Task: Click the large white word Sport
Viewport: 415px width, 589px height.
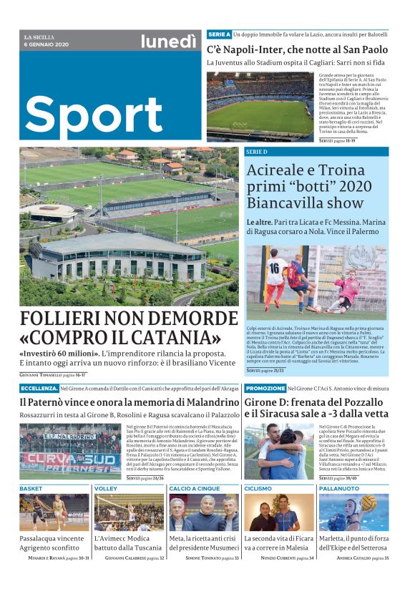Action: [94, 112]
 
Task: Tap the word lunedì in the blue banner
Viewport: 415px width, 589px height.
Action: [168, 42]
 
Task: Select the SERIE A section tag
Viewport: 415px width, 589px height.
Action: [219, 34]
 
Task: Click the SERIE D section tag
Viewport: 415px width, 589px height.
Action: [256, 152]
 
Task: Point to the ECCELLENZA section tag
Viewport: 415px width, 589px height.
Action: [39, 388]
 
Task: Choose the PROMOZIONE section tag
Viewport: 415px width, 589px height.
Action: [265, 388]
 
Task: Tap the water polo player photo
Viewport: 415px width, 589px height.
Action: [353, 512]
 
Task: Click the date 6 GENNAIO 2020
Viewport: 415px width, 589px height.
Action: [47, 45]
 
